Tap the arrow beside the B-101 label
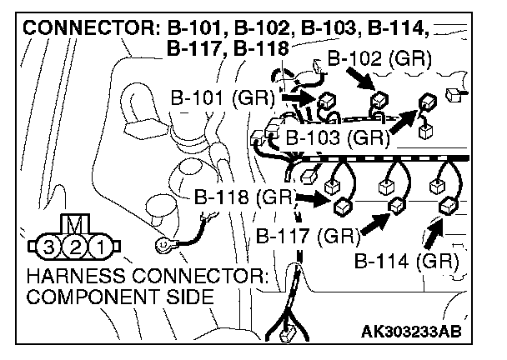point(297,98)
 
